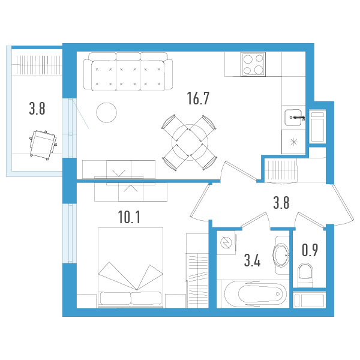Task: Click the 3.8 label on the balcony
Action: point(37,109)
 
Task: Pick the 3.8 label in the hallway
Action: point(281,203)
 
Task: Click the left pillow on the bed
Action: point(115,298)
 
